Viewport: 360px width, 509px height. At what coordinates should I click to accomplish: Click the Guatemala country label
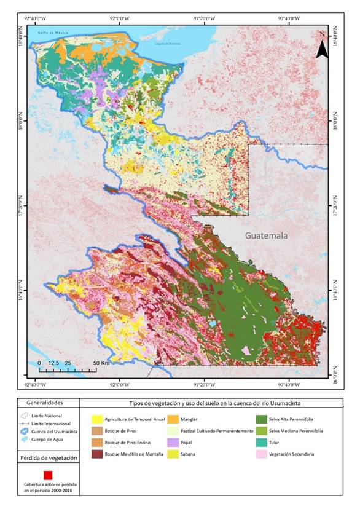266,235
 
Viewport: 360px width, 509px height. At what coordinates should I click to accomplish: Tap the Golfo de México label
52,33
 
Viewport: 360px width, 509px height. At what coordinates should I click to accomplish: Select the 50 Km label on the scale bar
101,363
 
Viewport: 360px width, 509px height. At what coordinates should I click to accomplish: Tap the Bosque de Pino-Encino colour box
96,443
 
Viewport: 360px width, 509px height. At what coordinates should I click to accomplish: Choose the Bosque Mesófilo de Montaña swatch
96,454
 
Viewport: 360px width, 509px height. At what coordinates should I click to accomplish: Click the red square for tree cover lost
48,475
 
